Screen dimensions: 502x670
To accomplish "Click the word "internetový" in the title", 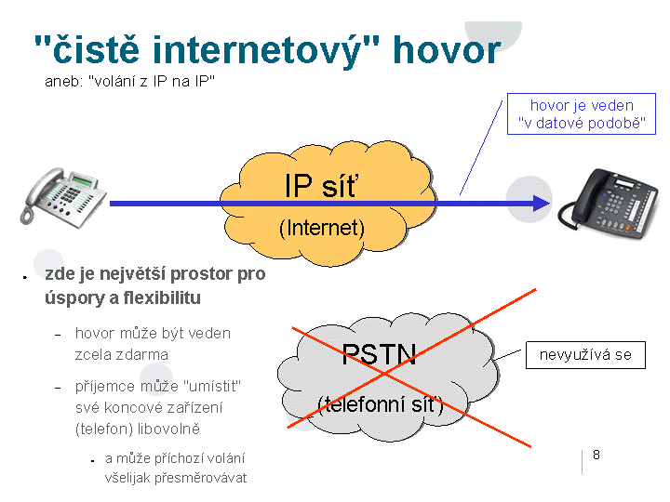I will click(x=263, y=50).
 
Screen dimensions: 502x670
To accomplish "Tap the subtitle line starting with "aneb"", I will click(x=130, y=82).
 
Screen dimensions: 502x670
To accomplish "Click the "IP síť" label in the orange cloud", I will click(x=321, y=186).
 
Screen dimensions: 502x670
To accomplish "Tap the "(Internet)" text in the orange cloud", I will click(x=322, y=227).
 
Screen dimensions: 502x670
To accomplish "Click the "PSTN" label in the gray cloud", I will click(x=379, y=354).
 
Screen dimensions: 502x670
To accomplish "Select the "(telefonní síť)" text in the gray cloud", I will click(x=380, y=403).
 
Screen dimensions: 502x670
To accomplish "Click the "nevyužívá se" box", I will click(x=585, y=355).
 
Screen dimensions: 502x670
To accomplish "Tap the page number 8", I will click(x=596, y=455).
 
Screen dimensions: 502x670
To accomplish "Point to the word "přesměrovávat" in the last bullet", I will click(x=202, y=478).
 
